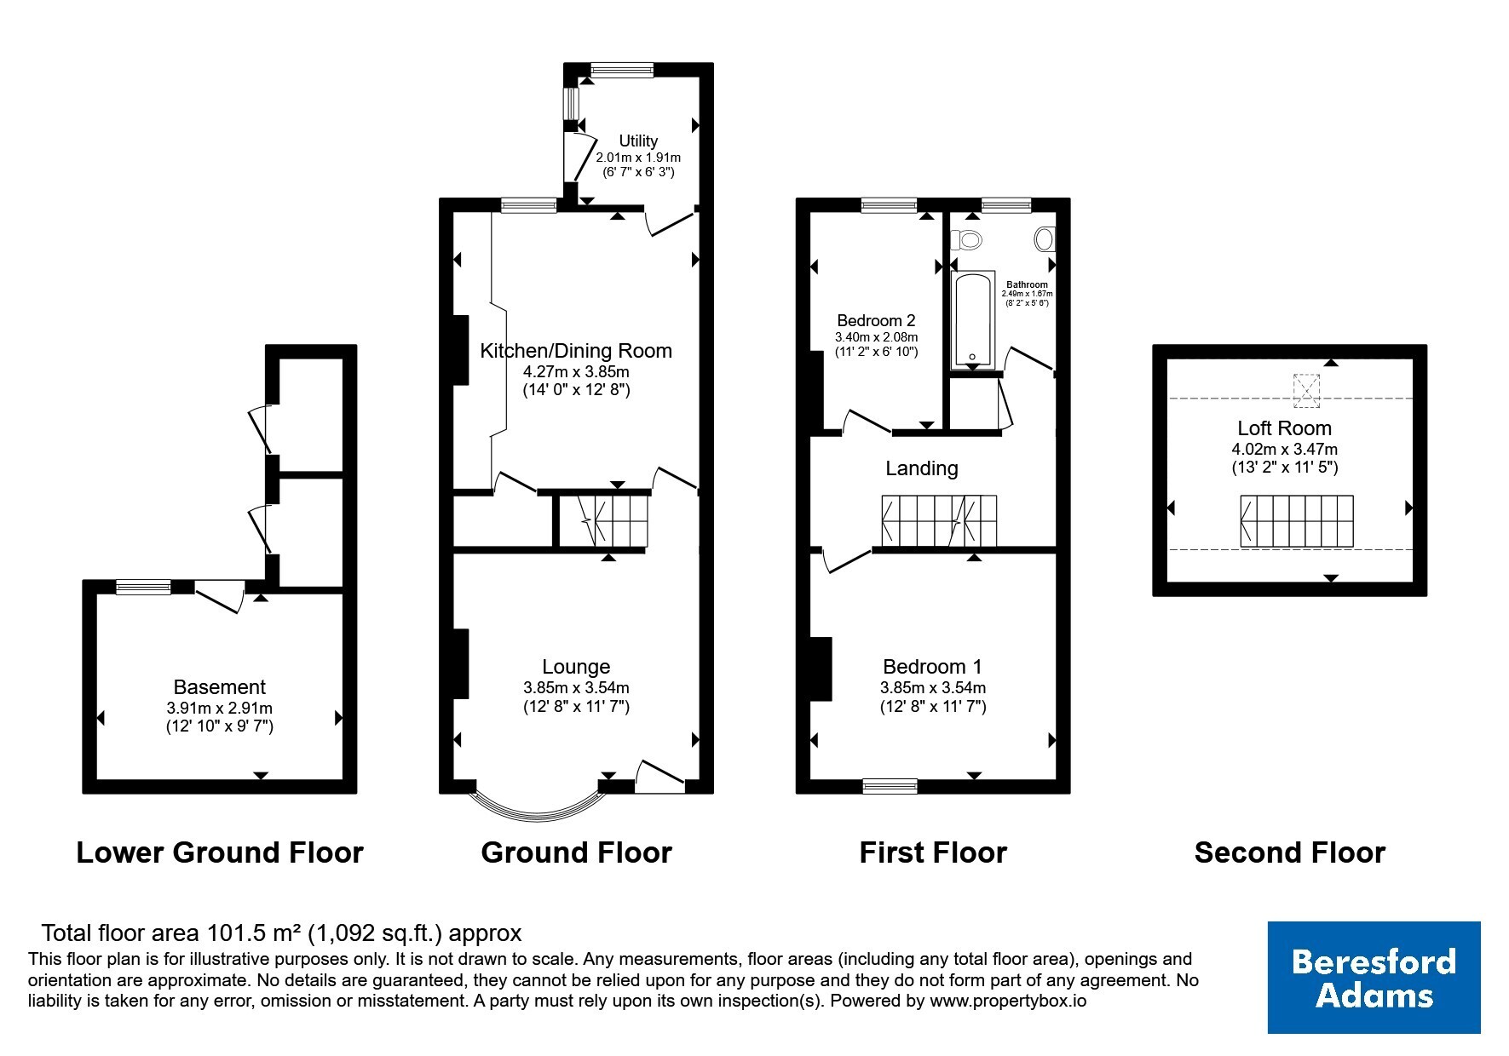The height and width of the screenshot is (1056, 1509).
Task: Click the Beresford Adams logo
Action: [x=1374, y=978]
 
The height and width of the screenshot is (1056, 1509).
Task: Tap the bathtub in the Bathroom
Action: [x=973, y=320]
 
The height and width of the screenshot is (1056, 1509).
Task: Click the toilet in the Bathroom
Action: [x=966, y=239]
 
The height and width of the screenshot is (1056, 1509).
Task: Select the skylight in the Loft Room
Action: [x=1305, y=389]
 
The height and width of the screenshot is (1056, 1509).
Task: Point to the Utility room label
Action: [x=638, y=141]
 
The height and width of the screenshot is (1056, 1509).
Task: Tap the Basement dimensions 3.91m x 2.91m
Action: [x=220, y=708]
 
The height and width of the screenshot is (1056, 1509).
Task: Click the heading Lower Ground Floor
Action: [x=220, y=852]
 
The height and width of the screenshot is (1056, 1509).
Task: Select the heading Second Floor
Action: [x=1290, y=852]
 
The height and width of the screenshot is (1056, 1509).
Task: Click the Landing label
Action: [x=922, y=468]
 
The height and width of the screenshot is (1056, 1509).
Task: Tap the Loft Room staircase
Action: [x=1296, y=521]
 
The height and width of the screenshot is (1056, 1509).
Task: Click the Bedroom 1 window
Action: [x=890, y=786]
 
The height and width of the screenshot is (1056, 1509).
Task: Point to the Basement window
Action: [x=143, y=587]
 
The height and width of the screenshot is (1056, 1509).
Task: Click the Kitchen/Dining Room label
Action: [x=576, y=351]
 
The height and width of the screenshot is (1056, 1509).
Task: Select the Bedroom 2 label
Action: [x=876, y=321]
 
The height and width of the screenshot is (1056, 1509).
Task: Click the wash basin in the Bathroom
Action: [x=1045, y=239]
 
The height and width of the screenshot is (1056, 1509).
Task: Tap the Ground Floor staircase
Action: [x=603, y=522]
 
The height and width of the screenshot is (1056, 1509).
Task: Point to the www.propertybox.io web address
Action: [x=1008, y=1001]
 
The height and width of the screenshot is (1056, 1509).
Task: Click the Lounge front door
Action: [x=660, y=776]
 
